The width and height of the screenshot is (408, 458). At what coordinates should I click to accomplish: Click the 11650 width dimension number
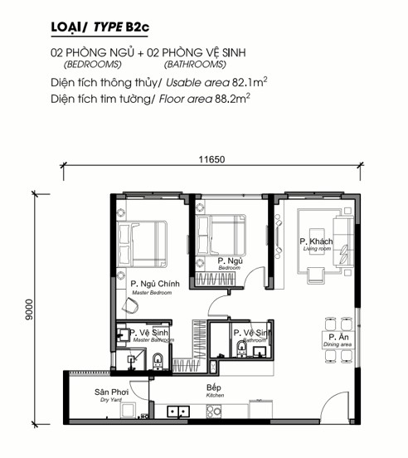[212, 159]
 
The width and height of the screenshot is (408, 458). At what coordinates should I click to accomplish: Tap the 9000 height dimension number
[30, 309]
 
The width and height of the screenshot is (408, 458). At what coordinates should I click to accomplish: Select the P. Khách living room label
[316, 244]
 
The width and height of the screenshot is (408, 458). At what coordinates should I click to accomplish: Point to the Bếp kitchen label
[215, 391]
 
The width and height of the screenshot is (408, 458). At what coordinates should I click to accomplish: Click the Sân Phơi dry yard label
[111, 395]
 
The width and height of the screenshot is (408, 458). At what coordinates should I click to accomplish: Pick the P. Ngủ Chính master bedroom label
[155, 287]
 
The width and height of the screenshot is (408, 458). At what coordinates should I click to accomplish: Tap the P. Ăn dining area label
[338, 340]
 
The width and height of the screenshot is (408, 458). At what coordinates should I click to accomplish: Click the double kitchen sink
[178, 412]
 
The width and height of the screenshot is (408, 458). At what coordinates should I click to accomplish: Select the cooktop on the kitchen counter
[214, 412]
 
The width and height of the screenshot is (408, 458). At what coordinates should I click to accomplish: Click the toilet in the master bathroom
[158, 361]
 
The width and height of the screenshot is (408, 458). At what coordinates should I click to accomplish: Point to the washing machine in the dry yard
[128, 411]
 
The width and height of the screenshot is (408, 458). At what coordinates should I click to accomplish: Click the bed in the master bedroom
[142, 244]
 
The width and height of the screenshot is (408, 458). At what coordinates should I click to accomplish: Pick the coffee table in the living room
[317, 241]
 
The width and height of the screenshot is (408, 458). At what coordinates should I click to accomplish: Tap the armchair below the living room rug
[315, 275]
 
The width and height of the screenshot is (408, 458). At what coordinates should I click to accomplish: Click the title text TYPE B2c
[121, 27]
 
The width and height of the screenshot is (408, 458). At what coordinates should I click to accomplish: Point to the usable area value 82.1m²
[250, 82]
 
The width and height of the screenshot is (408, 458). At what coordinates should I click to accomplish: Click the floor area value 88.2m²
[232, 99]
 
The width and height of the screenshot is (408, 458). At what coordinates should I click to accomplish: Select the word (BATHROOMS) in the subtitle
[195, 64]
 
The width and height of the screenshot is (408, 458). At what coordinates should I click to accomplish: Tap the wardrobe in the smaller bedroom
[216, 279]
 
